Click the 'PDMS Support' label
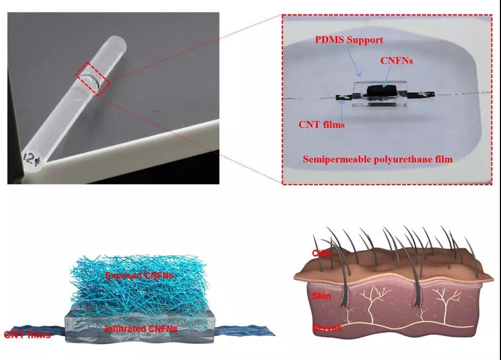[349, 40]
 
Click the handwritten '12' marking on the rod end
[29, 157]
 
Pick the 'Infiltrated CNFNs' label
[141, 328]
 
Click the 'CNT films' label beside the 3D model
[27, 335]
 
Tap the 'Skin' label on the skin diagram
[321, 296]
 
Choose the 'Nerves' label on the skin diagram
[327, 328]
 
